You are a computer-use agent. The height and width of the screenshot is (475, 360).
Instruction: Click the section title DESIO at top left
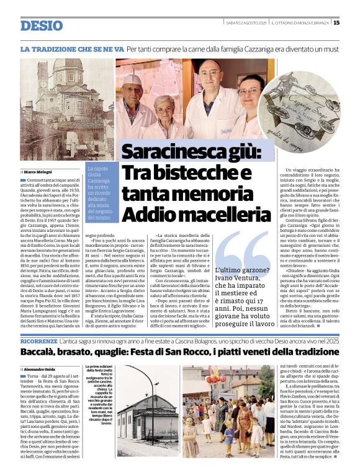click(42, 25)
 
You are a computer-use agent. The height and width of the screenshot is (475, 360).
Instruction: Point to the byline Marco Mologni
click(39, 171)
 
